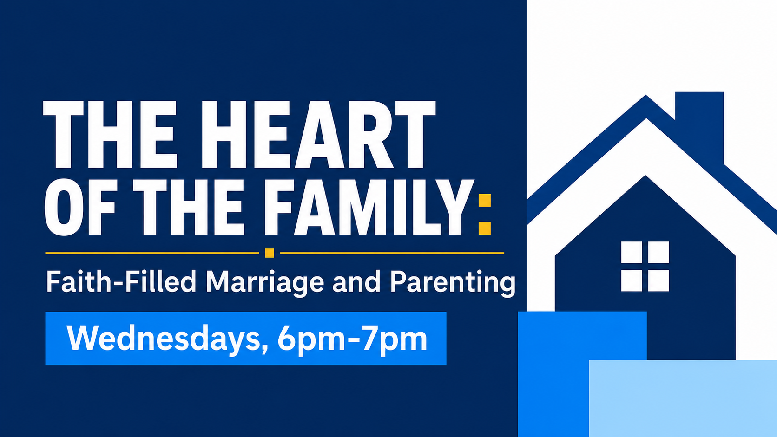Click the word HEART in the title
[318, 135]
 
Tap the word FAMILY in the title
[370, 207]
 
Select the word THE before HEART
[110, 135]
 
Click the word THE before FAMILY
[189, 207]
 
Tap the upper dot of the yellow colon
[485, 201]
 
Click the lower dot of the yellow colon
[485, 228]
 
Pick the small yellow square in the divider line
[270, 253]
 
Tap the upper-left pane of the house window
[631, 252]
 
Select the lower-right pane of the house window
[658, 280]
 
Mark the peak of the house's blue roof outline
[645, 95]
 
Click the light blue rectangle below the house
[683, 398]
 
